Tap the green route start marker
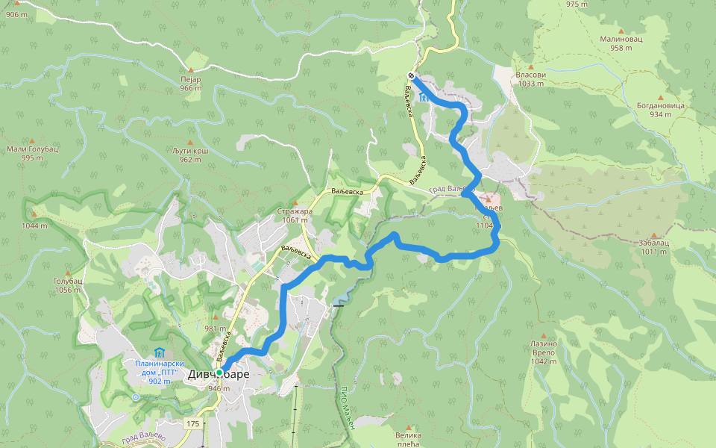[220, 372]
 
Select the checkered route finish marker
[411, 75]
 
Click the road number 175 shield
[193, 423]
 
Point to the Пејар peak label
[191, 78]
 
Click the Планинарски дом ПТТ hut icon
[158, 352]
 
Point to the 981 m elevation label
[215, 329]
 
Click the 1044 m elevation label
[34, 225]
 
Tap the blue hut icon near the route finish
[424, 97]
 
